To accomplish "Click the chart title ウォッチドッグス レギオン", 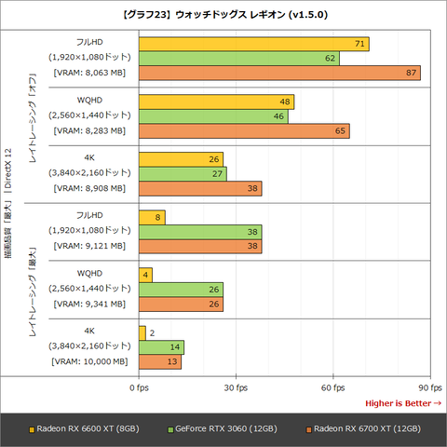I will coord(223,15).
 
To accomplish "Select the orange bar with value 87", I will coord(278,73).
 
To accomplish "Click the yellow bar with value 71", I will coord(253,44).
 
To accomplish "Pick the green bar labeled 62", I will coord(238,58).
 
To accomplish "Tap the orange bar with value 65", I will coord(243,131).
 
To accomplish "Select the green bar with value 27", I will coord(182,174).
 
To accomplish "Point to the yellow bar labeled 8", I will coord(151,217).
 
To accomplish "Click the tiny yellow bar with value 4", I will coord(144,275).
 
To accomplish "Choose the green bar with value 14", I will coord(160,347).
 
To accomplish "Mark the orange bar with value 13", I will coord(159,361).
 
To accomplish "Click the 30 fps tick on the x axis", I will coord(236,386).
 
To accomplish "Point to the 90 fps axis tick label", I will coord(429,386).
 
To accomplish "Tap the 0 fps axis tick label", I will coord(139,386).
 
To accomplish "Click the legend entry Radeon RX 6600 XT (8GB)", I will coord(84,428).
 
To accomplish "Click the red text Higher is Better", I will coord(402,402).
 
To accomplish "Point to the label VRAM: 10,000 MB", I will coord(88,361).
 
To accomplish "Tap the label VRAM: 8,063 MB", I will coord(88,73).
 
